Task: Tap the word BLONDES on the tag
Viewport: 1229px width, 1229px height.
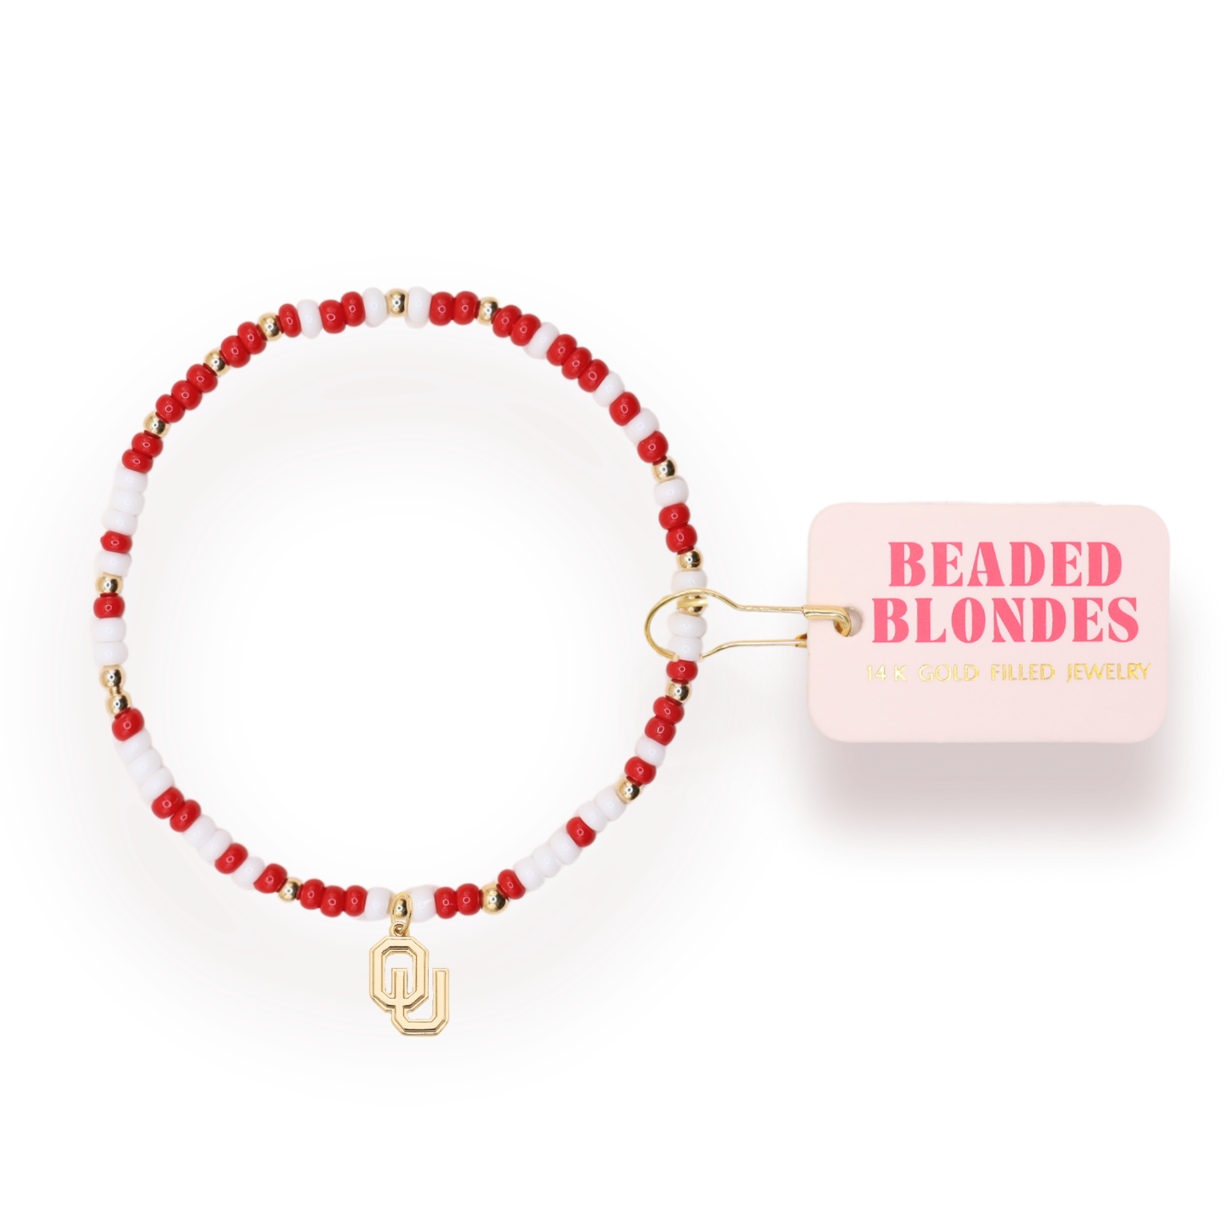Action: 1005,620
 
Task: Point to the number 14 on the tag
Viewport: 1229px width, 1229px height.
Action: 876,674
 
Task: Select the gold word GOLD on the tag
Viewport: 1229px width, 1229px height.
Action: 948,674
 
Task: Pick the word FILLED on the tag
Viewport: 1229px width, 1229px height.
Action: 1021,673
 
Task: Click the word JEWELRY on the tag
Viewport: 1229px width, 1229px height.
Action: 1108,672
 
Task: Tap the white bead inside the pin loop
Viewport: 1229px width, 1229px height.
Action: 682,629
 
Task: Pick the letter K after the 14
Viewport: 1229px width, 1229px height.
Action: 897,674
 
